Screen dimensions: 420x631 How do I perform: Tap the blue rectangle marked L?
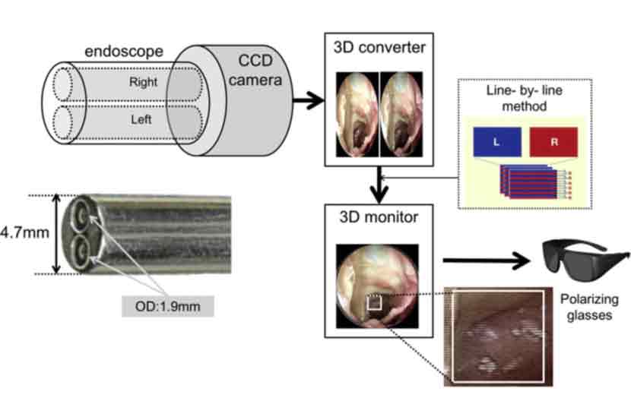coord(496,143)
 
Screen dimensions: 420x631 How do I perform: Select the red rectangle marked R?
coord(553,143)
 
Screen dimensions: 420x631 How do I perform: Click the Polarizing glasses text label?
coord(585,306)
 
